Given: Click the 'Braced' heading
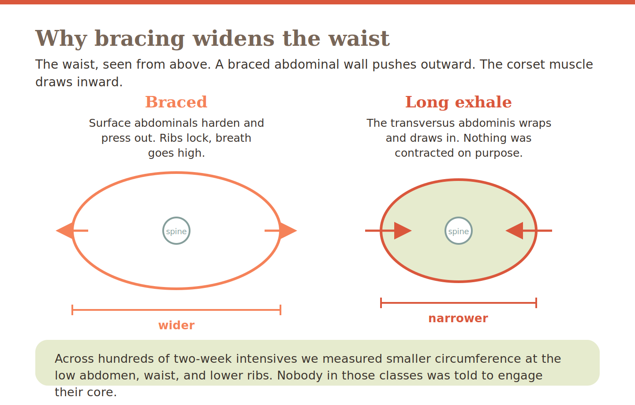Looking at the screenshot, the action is point(176,102).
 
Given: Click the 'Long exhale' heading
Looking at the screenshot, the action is point(459,102).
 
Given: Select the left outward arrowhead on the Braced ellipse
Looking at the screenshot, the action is point(65,231).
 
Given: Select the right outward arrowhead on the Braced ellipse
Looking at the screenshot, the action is point(288,231).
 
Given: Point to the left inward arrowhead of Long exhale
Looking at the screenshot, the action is point(403,231).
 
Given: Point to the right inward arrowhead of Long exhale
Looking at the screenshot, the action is point(514,231).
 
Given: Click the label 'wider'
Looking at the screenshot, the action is point(176,325).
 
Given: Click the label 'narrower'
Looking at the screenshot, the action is point(458,318).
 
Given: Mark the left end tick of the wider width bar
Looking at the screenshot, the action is point(72,310).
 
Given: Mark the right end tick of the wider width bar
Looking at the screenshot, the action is point(280,310).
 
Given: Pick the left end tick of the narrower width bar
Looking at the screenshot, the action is point(381,303).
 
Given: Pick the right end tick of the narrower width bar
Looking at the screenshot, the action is point(536,303).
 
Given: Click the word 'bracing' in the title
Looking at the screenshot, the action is point(139,39).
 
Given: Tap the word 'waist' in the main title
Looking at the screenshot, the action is point(359,38).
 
